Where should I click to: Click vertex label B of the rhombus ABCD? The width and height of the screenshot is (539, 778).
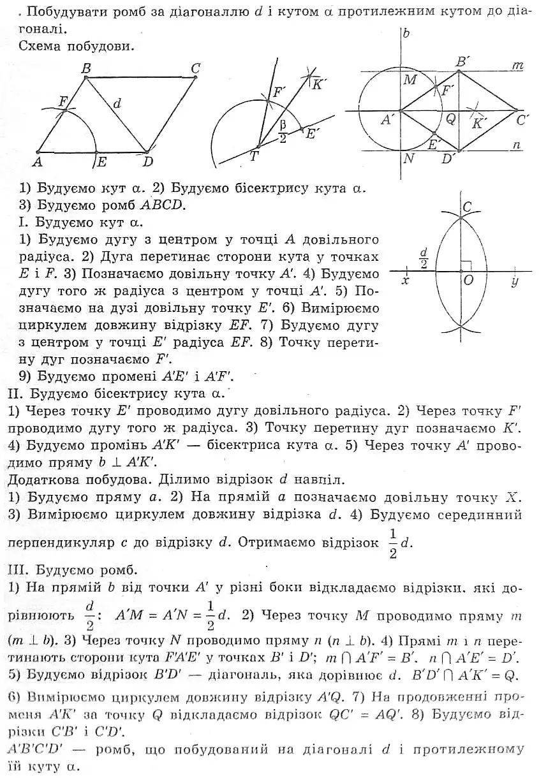click(87, 67)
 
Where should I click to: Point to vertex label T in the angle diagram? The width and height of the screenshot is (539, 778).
click(254, 157)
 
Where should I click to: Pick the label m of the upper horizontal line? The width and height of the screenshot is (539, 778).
click(517, 66)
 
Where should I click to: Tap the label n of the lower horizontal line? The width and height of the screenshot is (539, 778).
click(517, 145)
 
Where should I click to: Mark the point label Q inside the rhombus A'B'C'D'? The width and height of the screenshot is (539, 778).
click(450, 118)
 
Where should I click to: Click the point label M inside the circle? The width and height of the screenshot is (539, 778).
click(410, 80)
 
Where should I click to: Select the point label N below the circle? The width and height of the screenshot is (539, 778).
click(409, 159)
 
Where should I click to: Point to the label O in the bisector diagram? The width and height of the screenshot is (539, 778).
click(468, 280)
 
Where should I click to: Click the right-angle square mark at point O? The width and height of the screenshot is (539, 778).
click(466, 265)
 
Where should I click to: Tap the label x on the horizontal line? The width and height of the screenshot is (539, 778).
click(405, 281)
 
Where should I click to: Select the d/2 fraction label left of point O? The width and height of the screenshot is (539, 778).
click(424, 258)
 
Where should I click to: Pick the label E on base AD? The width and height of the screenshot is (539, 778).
click(101, 163)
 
